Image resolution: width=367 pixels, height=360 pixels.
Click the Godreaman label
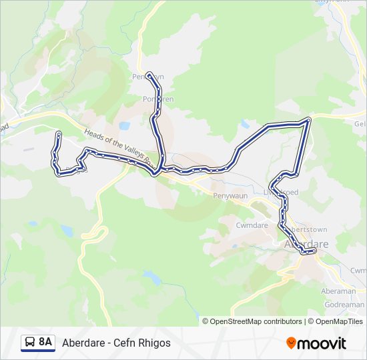coord(344,304)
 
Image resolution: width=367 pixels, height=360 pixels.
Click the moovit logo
coord(316,343)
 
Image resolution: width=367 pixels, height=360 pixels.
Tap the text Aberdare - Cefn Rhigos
coord(116,343)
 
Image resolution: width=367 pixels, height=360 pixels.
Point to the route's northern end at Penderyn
coord(150,74)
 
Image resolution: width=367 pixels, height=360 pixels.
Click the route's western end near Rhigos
coord(59,135)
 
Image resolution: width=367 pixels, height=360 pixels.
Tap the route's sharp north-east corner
coord(309,120)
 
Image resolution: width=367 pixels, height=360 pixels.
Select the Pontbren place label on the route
coord(157,99)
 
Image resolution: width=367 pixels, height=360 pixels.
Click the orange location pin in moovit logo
coord(291,343)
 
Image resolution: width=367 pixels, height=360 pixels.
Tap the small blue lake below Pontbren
coord(124,125)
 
